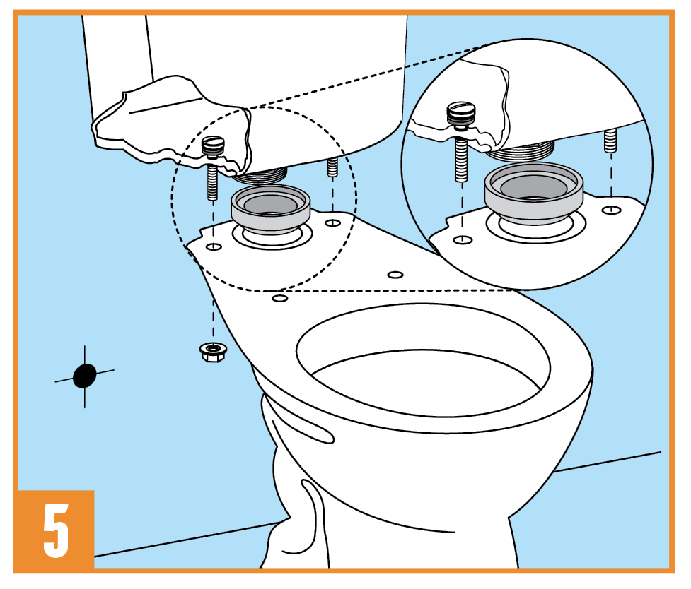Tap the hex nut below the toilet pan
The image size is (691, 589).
[x=214, y=352]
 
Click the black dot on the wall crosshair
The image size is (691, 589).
[x=85, y=376]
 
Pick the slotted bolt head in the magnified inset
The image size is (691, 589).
[x=461, y=113]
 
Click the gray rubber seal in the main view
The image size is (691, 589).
[x=271, y=208]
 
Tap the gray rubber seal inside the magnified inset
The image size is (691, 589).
[x=534, y=192]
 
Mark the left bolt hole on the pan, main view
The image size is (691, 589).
[x=214, y=246]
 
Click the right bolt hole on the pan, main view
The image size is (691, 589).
[x=332, y=222]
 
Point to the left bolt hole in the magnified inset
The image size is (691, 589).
[x=463, y=240]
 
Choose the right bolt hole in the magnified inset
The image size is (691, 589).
[x=611, y=210]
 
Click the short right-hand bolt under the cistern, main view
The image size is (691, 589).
[x=332, y=167]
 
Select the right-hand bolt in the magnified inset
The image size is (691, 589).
[x=610, y=141]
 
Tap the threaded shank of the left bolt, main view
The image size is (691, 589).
[x=212, y=182]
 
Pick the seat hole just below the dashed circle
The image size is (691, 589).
[x=280, y=299]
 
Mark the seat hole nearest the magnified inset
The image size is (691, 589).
[x=395, y=275]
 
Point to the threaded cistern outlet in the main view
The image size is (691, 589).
[x=260, y=176]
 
